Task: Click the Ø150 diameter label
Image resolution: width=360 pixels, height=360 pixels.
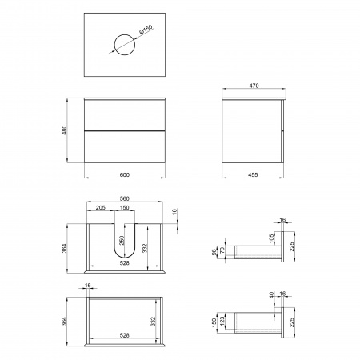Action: pyautogui.click(x=146, y=29)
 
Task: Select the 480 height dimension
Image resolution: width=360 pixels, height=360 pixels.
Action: pyautogui.click(x=65, y=130)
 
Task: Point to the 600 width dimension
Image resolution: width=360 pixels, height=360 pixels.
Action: pyautogui.click(x=125, y=174)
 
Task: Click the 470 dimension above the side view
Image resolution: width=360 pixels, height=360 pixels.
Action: pyautogui.click(x=254, y=86)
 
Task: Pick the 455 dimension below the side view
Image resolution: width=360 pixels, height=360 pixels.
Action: pyautogui.click(x=253, y=174)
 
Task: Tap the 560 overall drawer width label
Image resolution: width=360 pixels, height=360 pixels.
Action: pyautogui.click(x=125, y=198)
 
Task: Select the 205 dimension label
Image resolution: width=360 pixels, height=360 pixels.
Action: pyautogui.click(x=101, y=207)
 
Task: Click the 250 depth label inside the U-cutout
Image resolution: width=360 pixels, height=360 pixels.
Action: pyautogui.click(x=122, y=241)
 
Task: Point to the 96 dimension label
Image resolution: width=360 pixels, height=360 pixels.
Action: pyautogui.click(x=214, y=252)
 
